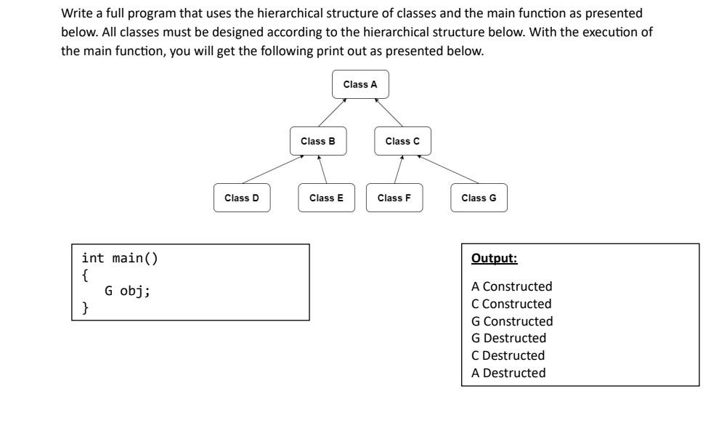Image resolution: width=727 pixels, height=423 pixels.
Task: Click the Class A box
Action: tap(360, 84)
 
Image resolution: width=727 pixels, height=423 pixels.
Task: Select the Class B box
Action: tap(318, 141)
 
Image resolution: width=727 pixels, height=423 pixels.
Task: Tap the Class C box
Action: tap(402, 141)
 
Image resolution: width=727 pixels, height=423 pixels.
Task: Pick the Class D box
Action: tap(242, 198)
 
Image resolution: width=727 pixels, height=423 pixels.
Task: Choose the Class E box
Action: tap(326, 198)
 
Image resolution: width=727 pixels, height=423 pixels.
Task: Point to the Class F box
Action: tap(394, 198)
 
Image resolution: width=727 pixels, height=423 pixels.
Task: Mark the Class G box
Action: tap(479, 198)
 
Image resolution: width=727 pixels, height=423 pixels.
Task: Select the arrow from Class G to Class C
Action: tap(448, 170)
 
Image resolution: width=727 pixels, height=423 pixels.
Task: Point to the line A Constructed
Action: tap(511, 286)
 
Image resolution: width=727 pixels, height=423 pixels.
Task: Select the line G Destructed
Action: tap(508, 338)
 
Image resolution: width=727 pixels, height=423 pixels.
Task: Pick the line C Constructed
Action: tap(511, 304)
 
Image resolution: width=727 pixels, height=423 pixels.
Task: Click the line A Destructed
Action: tap(508, 373)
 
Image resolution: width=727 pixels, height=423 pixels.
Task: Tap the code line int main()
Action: tap(119, 258)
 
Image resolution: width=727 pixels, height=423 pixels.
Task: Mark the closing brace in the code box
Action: tap(86, 308)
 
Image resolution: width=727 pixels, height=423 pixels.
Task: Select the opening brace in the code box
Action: tap(86, 275)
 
